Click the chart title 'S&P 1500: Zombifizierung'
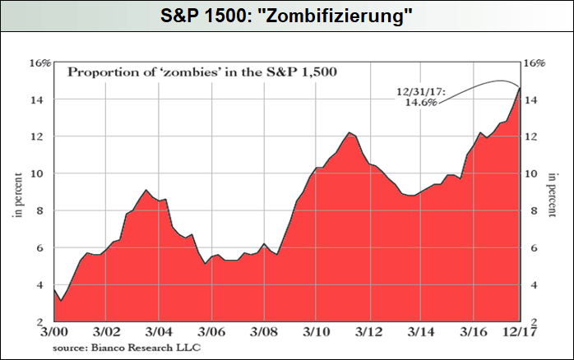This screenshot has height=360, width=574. click(x=287, y=16)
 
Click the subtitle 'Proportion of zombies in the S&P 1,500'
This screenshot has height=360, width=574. click(x=202, y=72)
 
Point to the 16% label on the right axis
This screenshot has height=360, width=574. click(x=535, y=62)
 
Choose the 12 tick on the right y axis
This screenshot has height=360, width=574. click(x=531, y=136)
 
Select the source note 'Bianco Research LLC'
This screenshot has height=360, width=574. click(x=126, y=347)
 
